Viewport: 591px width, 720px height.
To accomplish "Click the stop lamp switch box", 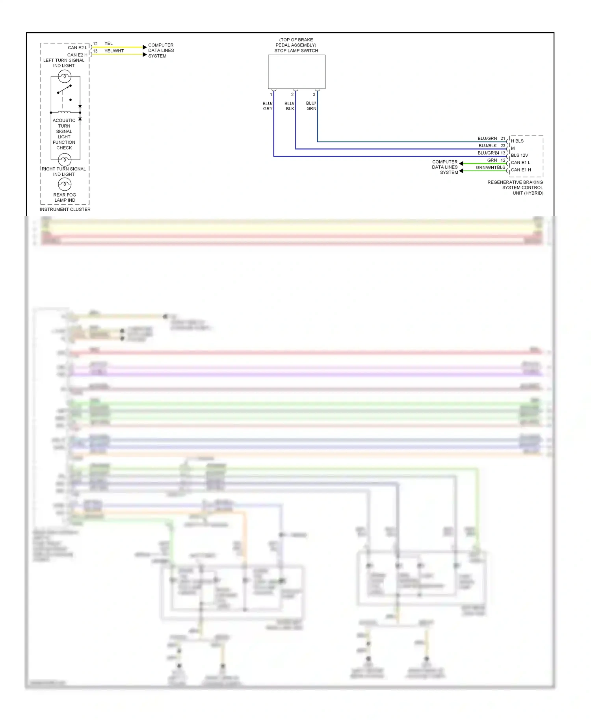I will point(296,72).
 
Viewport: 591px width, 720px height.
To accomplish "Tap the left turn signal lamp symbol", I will point(65,76).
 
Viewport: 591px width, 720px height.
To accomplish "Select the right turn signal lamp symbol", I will point(65,160).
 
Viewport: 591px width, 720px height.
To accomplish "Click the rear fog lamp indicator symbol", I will point(65,184).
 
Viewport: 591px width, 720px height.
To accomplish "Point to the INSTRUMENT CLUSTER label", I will point(65,209).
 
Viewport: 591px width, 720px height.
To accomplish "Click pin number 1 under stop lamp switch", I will point(271,95).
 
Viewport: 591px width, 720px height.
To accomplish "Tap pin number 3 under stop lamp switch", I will point(314,95).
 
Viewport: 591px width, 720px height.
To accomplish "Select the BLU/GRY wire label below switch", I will point(268,106).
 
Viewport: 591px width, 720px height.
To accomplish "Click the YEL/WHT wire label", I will point(114,51).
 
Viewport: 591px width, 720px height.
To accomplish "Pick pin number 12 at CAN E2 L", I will point(95,44).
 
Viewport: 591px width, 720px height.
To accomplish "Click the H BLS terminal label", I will point(517,141).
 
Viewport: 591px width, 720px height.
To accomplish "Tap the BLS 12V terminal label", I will point(519,155).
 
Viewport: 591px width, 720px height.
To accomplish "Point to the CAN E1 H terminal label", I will point(521,170).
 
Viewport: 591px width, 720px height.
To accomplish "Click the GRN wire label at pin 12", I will point(492,160).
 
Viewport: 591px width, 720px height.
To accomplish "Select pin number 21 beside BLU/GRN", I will point(503,138).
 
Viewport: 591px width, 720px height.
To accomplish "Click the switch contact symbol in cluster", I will point(64,89).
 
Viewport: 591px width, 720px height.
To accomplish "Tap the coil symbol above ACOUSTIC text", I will point(64,112).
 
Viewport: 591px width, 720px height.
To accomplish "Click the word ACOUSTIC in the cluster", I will point(64,121).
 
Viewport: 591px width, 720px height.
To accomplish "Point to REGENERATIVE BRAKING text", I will point(515,182).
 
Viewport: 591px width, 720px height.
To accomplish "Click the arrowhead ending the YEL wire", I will point(145,47).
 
